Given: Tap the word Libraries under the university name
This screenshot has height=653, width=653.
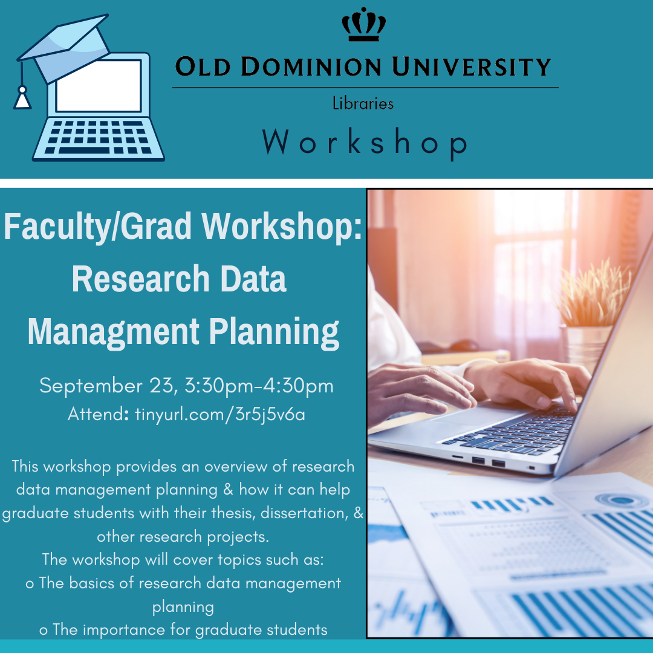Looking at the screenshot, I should [363, 104].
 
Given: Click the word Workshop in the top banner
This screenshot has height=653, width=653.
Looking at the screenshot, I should [365, 143].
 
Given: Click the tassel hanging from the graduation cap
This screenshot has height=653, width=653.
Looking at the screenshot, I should [22, 97].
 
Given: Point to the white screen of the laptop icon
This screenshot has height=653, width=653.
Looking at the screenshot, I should [98, 85].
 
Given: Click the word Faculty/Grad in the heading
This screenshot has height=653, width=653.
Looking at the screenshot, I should [98, 226].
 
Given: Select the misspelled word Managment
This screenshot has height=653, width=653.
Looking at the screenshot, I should [112, 331].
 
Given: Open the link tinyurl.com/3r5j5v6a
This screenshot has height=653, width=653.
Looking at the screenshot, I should [220, 415].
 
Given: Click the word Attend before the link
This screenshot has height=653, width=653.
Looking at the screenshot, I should [96, 415].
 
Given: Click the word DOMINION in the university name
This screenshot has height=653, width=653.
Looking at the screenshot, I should [313, 67].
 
